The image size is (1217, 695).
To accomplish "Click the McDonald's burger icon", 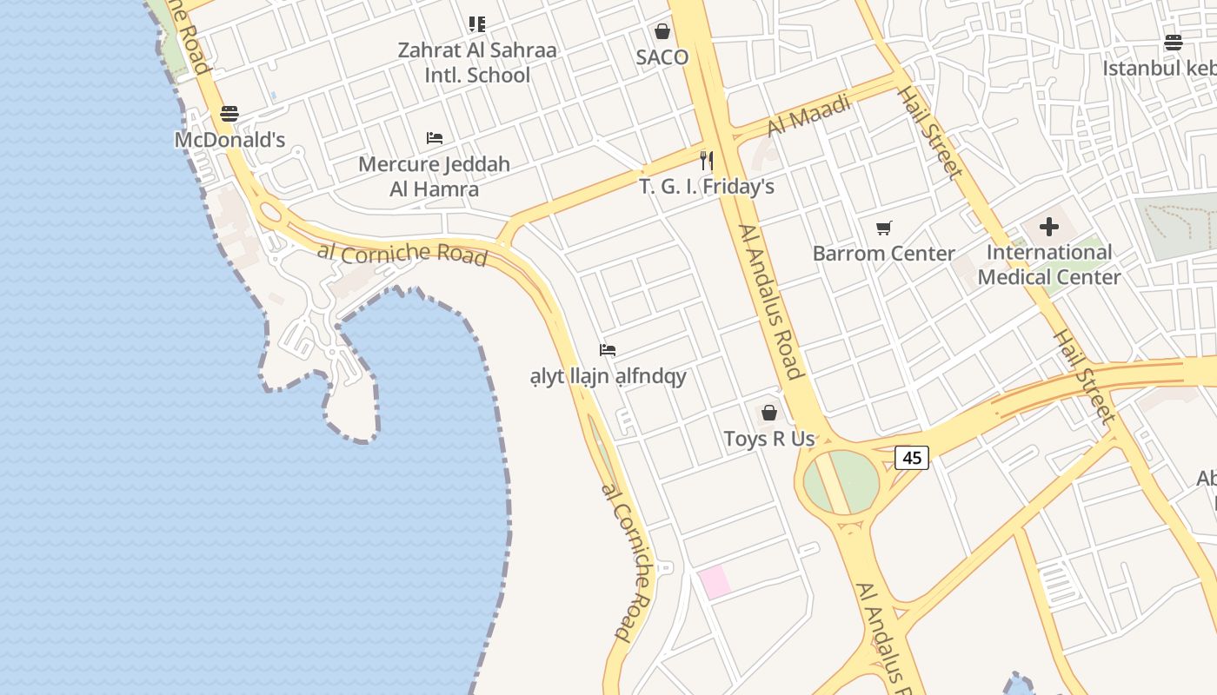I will [229, 114].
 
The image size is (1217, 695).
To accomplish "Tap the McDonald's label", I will [229, 140].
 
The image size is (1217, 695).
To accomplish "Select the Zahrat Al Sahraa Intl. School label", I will [476, 63].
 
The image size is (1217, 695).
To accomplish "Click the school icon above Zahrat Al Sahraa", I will [476, 24].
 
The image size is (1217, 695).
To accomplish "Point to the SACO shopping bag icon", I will [662, 31].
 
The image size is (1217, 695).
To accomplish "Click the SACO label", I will [662, 57].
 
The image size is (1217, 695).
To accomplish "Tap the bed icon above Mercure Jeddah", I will [435, 138].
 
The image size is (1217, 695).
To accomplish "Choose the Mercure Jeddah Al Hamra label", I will [435, 176].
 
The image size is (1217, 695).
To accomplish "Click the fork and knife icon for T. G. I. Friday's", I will [707, 161].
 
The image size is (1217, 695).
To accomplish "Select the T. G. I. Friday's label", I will [707, 187].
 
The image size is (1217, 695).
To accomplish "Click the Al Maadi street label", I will [809, 116].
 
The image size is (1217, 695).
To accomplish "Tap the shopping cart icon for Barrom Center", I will [884, 228].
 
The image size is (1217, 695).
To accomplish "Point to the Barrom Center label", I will [884, 254].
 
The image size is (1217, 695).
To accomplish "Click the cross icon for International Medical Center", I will [1049, 227].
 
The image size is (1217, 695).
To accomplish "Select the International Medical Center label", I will [1049, 265].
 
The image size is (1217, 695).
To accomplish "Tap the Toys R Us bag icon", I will [769, 413].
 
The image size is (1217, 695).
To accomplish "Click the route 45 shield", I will [912, 457].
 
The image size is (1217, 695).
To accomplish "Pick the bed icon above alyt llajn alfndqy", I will [608, 350].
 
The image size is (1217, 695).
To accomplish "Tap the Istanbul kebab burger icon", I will [1174, 43].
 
